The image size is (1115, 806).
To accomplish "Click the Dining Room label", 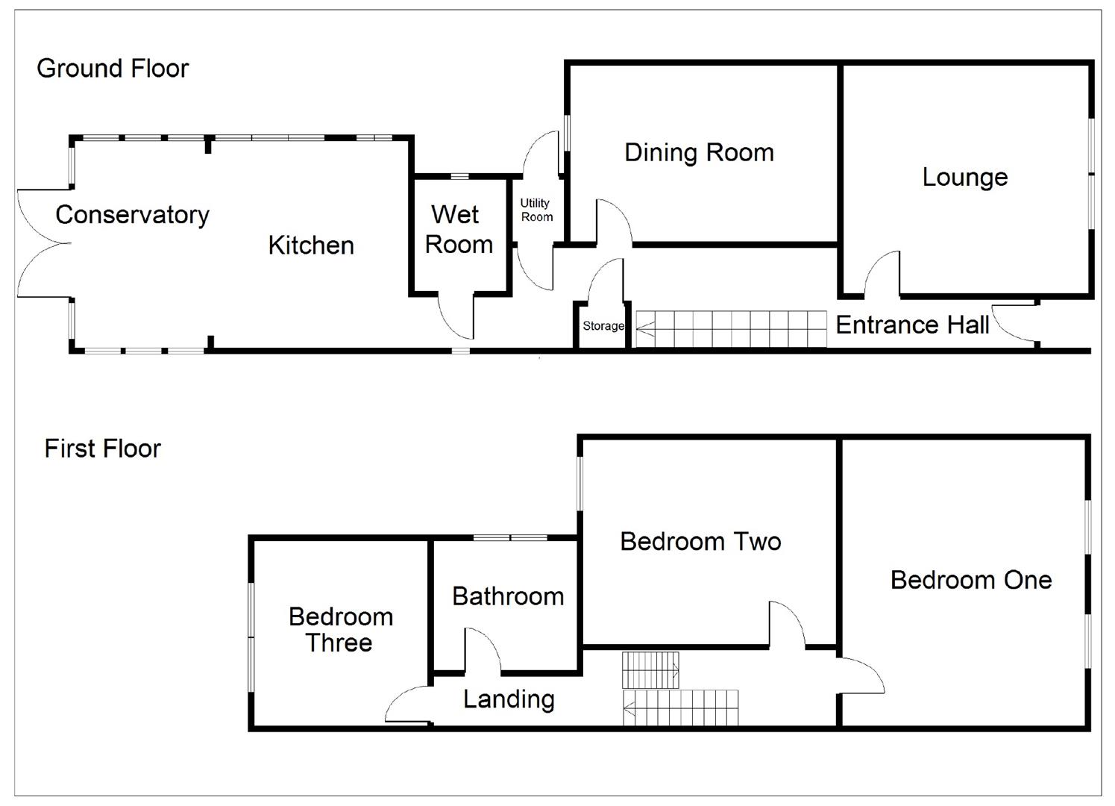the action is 699,153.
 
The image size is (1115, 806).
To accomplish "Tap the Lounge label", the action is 964,178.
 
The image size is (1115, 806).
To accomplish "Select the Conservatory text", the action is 132,215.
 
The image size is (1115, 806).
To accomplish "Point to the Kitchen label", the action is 311,246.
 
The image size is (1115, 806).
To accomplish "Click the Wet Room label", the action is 458,230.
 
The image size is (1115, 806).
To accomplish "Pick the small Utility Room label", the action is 536,210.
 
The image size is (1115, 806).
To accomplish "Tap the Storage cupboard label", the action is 603,326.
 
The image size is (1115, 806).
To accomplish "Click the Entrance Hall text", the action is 911,325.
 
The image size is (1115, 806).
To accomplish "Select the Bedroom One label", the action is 970,580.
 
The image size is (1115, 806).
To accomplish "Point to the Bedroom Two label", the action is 700,541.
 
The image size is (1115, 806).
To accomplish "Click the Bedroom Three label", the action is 340,629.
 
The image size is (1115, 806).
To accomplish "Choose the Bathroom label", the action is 508,596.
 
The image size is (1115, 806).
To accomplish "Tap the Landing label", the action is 509,699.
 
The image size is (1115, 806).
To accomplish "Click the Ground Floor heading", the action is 113,69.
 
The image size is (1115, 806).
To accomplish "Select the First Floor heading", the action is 102,449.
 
